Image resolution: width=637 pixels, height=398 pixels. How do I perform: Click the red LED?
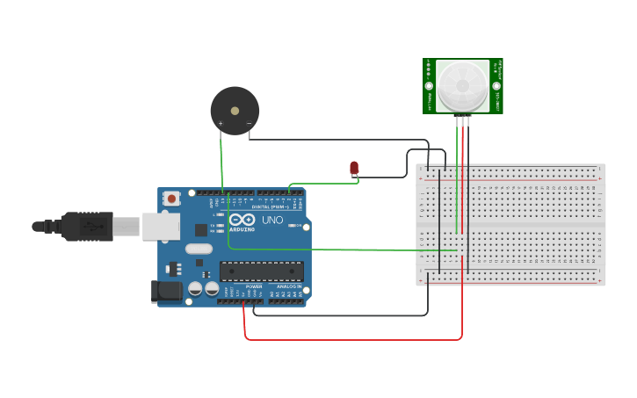(354, 167)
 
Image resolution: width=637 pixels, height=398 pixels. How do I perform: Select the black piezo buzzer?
(235, 111)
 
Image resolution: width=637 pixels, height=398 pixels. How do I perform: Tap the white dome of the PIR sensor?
(462, 85)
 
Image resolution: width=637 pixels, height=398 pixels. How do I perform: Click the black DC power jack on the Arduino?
(166, 291)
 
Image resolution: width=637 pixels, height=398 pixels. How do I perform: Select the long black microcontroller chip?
(261, 271)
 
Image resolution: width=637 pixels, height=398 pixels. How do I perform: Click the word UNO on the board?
(272, 220)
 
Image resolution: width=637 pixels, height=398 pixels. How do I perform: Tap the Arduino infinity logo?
(242, 219)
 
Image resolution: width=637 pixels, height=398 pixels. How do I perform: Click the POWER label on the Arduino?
(254, 286)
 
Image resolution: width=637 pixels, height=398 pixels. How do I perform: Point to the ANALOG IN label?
(288, 286)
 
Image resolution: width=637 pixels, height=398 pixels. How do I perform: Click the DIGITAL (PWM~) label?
(271, 206)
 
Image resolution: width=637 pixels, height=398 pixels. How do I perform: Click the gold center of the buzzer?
(235, 111)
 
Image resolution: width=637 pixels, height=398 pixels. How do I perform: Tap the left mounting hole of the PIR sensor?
(429, 86)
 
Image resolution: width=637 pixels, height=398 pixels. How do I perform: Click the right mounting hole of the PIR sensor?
(496, 86)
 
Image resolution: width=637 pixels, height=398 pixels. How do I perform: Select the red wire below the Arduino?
(351, 339)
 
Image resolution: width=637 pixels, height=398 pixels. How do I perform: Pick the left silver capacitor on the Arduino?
(195, 288)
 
